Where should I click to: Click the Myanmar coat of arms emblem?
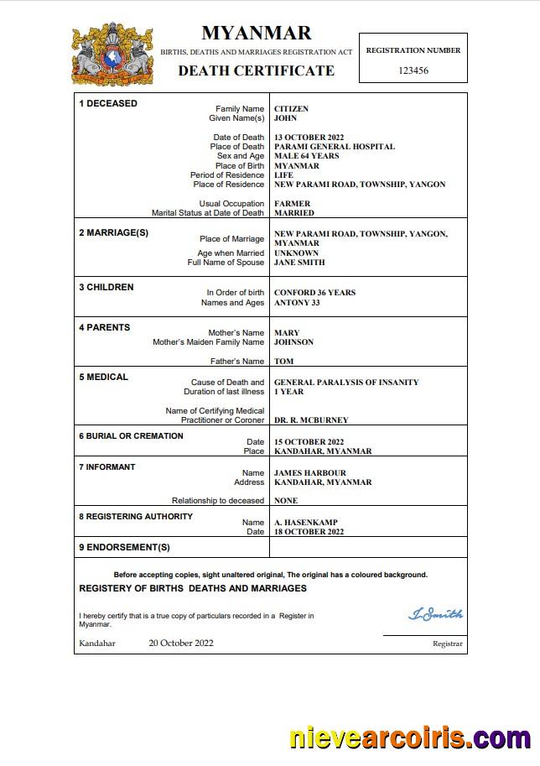point(112,55)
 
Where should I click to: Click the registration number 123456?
point(413,70)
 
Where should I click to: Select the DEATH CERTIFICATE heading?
point(256,70)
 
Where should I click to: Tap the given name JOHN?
point(286,118)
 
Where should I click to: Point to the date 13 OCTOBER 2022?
point(309,138)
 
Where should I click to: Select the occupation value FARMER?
point(292,204)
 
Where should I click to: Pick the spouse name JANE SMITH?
point(299,263)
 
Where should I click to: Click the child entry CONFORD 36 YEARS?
point(314,293)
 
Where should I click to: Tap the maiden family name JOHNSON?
point(293,342)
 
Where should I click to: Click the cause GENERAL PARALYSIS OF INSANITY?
point(346,383)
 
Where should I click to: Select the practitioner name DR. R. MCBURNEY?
point(311,420)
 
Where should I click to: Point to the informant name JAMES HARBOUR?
point(310,473)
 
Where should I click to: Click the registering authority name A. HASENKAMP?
point(308,522)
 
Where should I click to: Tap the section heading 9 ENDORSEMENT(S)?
point(124,547)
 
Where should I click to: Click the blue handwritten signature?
point(435,615)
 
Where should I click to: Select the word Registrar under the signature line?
point(447,644)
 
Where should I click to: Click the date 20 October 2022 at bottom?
point(181,644)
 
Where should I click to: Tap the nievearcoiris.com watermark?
point(409,739)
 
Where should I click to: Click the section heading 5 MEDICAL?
point(104,378)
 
